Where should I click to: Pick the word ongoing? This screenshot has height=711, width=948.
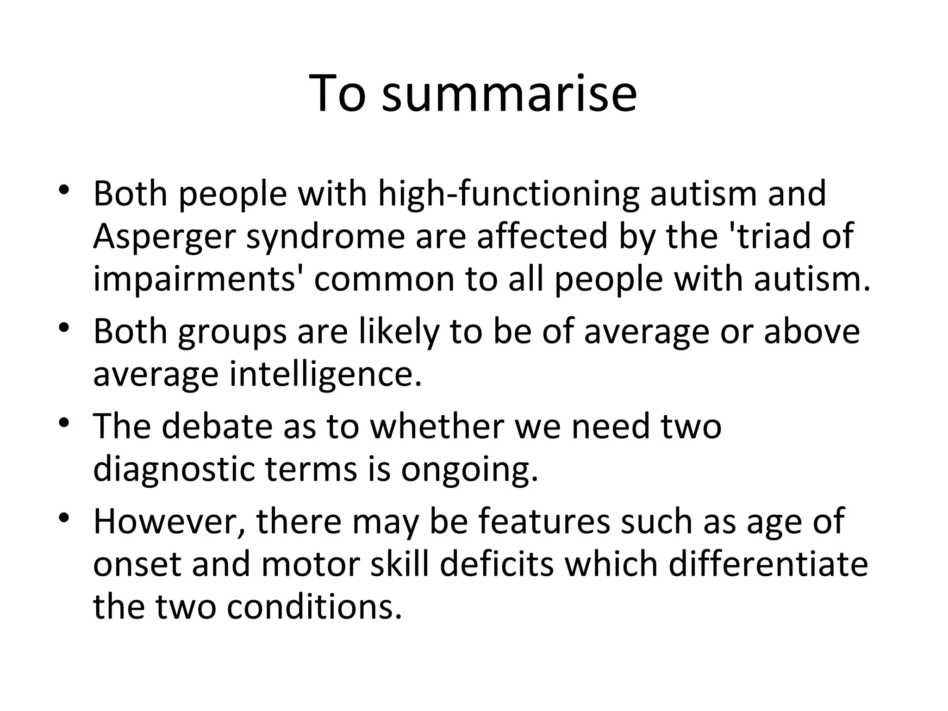470,469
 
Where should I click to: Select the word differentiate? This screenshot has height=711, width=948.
768,564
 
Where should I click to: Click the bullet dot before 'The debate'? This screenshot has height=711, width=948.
64,424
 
